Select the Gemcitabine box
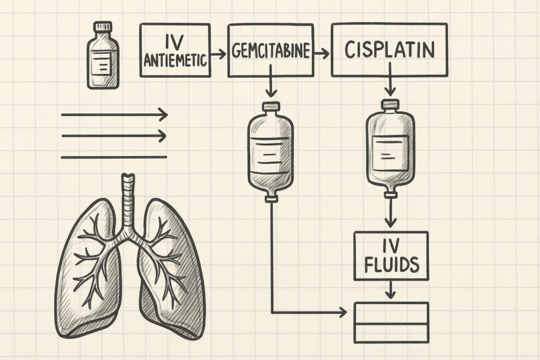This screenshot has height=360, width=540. [271, 50]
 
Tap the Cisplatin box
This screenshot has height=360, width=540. [390, 50]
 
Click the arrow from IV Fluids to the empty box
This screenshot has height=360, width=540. [391, 289]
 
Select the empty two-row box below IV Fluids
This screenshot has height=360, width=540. [391, 321]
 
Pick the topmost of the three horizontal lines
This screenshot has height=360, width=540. [113, 115]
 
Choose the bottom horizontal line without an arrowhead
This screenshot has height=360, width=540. [113, 157]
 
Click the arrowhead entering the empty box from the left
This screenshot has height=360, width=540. [343, 311]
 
